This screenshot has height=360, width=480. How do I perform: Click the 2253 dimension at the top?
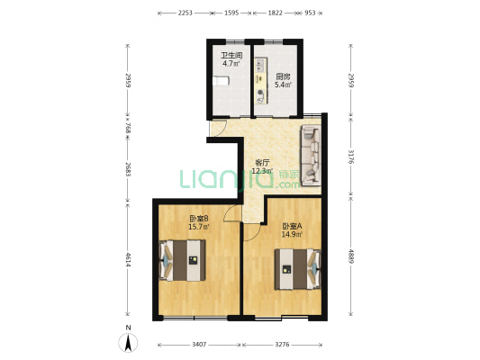(x=186, y=13)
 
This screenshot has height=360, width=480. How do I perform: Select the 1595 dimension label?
(x=231, y=13)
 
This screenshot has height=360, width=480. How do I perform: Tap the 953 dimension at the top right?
(x=310, y=13)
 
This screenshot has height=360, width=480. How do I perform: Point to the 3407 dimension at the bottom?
(x=199, y=345)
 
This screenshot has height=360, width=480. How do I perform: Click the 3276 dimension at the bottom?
(x=282, y=345)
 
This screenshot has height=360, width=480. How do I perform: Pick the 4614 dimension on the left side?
(x=128, y=259)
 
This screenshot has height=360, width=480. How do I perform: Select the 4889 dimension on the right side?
(x=351, y=256)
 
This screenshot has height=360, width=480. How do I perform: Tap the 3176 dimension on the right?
(x=351, y=157)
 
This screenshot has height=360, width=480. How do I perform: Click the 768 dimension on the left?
(x=128, y=128)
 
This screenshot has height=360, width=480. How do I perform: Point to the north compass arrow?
(x=128, y=343)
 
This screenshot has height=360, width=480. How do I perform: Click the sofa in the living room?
(x=312, y=155)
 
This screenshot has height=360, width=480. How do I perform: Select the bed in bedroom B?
(x=183, y=260)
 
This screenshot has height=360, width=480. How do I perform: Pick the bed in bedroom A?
(x=297, y=269)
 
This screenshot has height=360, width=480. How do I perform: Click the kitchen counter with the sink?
(x=260, y=81)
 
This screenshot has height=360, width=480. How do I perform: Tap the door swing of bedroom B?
(x=231, y=212)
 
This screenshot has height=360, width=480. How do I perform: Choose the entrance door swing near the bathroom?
(x=218, y=128)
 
